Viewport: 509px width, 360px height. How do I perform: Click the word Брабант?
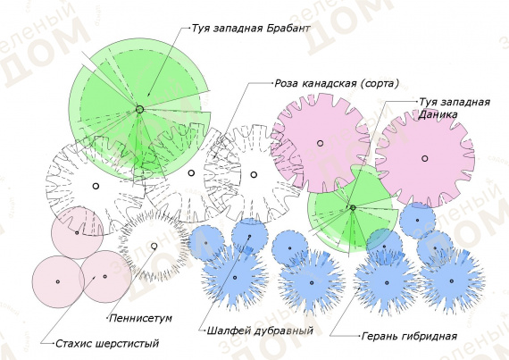288,29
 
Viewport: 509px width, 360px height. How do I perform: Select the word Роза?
287,83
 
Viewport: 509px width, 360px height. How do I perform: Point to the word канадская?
330,84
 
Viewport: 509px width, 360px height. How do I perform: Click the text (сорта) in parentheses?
380,84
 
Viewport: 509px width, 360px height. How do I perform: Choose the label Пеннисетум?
140,318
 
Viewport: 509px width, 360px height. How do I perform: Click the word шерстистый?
127,343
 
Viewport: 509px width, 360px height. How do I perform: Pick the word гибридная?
429,336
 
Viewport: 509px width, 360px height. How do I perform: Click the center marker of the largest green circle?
139,109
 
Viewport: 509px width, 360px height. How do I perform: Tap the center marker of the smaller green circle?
353,207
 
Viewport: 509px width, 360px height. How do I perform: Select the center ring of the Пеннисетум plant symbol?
154,246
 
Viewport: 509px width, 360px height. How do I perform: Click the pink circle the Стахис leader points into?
105,277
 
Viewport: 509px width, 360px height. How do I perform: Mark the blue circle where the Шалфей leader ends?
250,237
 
